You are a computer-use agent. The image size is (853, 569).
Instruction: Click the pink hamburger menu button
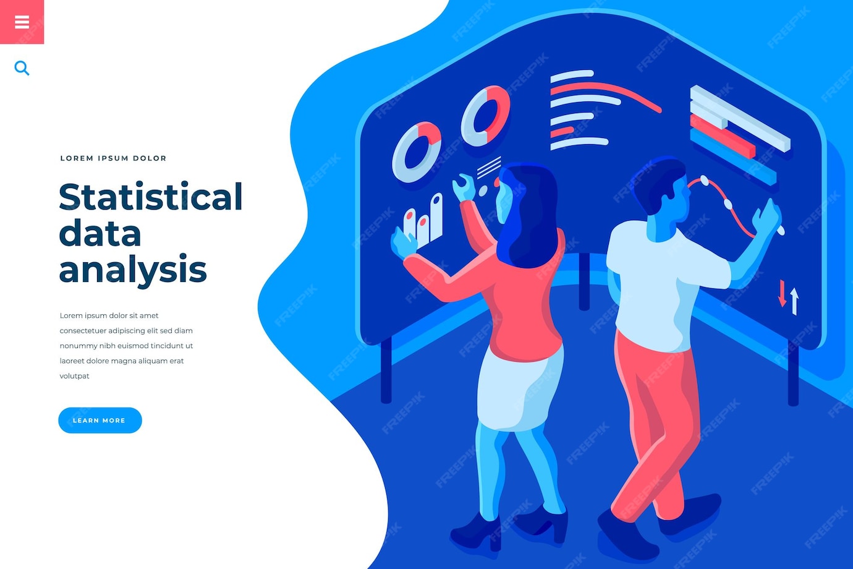22,22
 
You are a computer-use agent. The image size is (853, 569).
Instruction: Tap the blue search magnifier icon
22,68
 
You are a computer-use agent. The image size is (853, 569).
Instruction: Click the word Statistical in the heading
150,197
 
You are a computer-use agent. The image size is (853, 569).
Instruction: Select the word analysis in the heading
132,270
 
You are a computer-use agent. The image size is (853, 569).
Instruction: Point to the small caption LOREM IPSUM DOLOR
113,158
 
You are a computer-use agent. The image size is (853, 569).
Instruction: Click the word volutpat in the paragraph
74,376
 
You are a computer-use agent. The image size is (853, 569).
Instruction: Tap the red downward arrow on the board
782,293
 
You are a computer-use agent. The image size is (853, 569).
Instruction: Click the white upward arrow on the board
794,301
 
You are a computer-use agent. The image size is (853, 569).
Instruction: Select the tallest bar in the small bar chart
436,216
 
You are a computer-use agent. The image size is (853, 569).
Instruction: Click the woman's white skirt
516,390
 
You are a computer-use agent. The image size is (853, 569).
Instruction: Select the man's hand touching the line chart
766,216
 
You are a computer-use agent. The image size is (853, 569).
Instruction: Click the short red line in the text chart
562,132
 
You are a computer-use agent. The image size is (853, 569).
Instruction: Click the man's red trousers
655,408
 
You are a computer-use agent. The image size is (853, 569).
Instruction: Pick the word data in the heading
100,234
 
